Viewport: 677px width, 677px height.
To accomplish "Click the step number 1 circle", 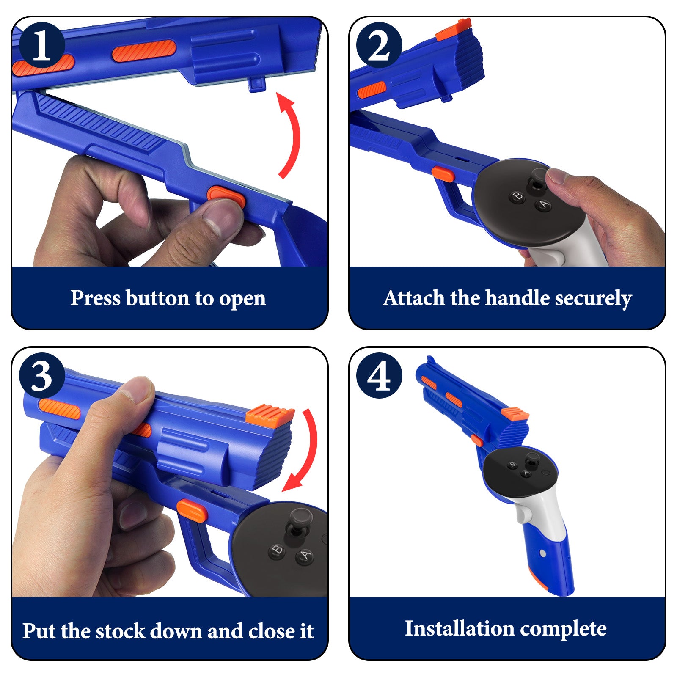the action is pos(41,45).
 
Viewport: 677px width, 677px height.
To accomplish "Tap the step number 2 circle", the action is pos(379,45).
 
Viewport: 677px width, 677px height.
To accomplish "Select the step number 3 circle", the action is pos(41,375).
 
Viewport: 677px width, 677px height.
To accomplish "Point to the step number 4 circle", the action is pos(379,375).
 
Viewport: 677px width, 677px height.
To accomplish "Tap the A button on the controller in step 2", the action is pos(544,205).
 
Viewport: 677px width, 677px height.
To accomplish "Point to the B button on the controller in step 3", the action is pos(277,550).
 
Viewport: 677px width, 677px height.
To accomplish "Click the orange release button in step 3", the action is pos(192,510).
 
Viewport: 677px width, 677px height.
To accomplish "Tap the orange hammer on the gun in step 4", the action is pos(515,413).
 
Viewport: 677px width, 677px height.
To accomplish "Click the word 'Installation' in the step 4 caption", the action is pos(459,628).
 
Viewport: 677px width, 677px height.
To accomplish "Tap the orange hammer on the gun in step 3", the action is pos(270,414).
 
